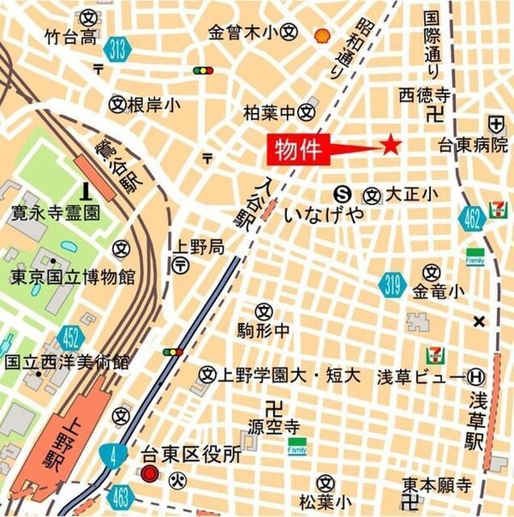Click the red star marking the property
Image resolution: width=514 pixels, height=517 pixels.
pyautogui.click(x=391, y=145)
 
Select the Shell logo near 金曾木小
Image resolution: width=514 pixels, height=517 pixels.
pyautogui.click(x=322, y=35)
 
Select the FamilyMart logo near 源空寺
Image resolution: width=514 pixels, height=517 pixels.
pyautogui.click(x=297, y=446)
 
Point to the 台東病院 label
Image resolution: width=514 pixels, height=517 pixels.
pyautogui.click(x=472, y=145)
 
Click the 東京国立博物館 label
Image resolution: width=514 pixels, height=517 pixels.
pyautogui.click(x=73, y=277)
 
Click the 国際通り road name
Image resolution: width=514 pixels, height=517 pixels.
pyautogui.click(x=431, y=43)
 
